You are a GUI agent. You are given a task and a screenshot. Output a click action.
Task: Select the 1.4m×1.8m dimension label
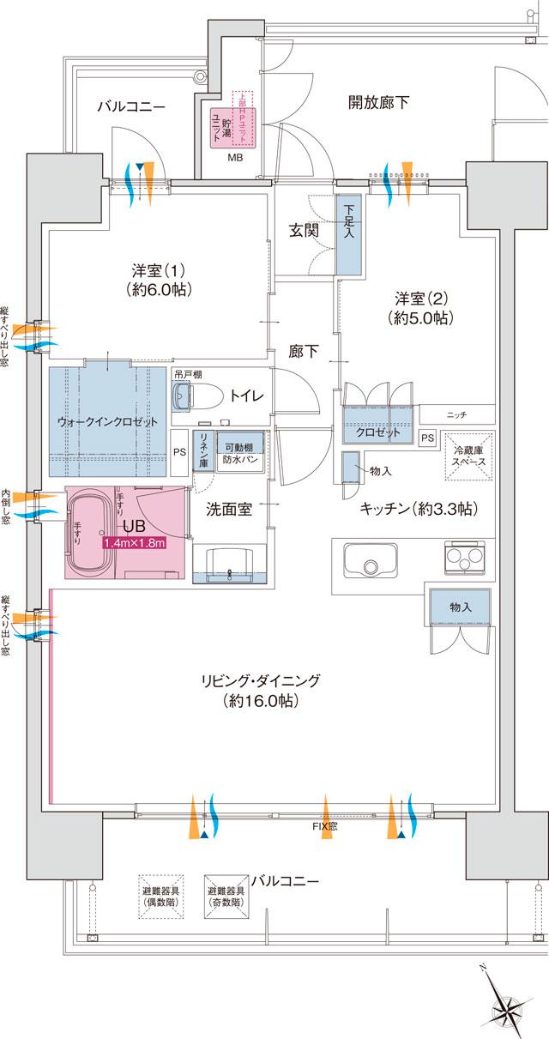[x=133, y=543]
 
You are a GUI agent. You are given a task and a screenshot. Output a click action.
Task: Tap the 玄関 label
[x=304, y=230]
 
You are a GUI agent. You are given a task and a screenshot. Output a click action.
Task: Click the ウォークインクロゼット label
[x=107, y=422]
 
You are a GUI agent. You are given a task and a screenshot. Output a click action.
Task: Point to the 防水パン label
[x=233, y=460]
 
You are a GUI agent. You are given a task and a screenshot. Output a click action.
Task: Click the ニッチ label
[x=456, y=415]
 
